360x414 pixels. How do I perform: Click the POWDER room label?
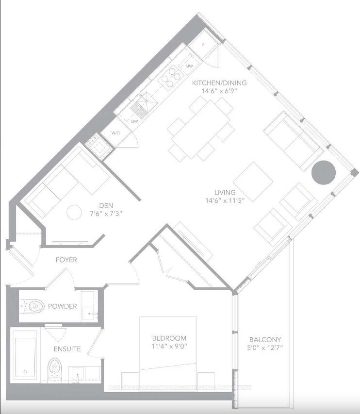click(x=62, y=306)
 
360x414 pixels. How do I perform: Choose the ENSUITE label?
click(x=67, y=348)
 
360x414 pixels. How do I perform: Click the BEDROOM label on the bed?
click(x=168, y=338)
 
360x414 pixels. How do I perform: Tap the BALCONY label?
click(x=265, y=339)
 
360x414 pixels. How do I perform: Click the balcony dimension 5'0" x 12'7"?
click(x=265, y=348)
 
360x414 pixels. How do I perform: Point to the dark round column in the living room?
click(x=323, y=171)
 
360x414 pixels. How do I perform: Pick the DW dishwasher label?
click(x=134, y=122)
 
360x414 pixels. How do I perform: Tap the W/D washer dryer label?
click(x=116, y=132)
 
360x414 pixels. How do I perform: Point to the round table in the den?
click(x=74, y=213)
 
